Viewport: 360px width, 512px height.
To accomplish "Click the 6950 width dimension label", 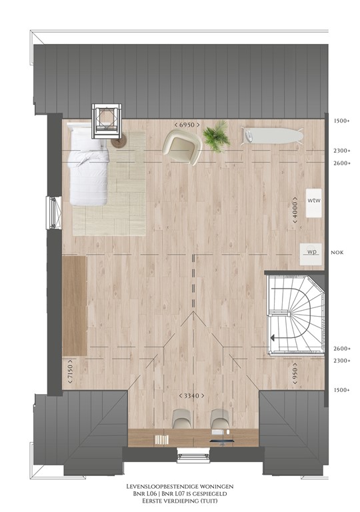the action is [x=187, y=125].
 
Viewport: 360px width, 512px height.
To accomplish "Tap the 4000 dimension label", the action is [x=295, y=210].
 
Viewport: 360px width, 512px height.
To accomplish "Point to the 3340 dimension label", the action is [x=192, y=396].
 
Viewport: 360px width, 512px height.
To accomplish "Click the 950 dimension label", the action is [x=295, y=371].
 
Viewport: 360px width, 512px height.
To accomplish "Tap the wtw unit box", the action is [x=314, y=203].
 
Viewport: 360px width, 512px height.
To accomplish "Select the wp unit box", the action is [x=311, y=254].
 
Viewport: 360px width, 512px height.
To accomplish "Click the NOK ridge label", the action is [x=337, y=253].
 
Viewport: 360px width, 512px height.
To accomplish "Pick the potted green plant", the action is [x=216, y=136].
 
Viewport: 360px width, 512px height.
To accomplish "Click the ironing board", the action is [x=272, y=135].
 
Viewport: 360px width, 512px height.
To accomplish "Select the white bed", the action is [x=87, y=164].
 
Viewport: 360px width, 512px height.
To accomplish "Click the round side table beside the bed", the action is [x=118, y=141].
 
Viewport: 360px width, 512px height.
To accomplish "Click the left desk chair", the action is [x=181, y=419].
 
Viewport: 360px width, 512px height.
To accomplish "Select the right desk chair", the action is [x=219, y=419].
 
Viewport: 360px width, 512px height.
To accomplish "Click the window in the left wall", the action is [x=54, y=213].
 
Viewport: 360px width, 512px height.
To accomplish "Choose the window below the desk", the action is [x=193, y=455].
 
